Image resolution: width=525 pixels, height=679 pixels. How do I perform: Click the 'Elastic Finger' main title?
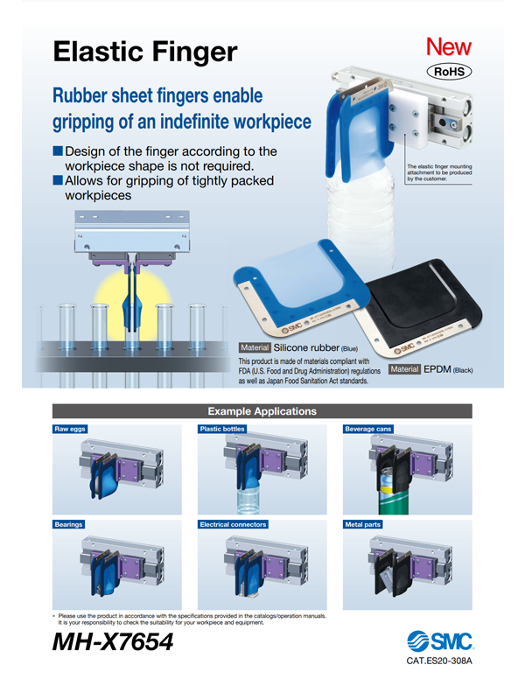tap(145, 52)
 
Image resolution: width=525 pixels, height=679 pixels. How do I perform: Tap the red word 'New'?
tap(448, 47)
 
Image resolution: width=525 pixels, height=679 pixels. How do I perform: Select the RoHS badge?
tap(448, 72)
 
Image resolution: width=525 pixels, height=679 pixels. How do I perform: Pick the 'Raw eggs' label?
tap(71, 429)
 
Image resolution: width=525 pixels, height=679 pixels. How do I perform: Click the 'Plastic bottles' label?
tap(222, 429)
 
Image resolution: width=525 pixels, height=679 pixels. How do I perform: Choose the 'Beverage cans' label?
tap(367, 429)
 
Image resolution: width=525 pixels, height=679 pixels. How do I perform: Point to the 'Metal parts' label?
tap(363, 524)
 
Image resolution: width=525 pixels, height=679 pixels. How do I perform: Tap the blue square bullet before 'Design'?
tap(59, 151)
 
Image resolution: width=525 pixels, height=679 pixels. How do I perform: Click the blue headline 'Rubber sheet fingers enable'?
tap(157, 95)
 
